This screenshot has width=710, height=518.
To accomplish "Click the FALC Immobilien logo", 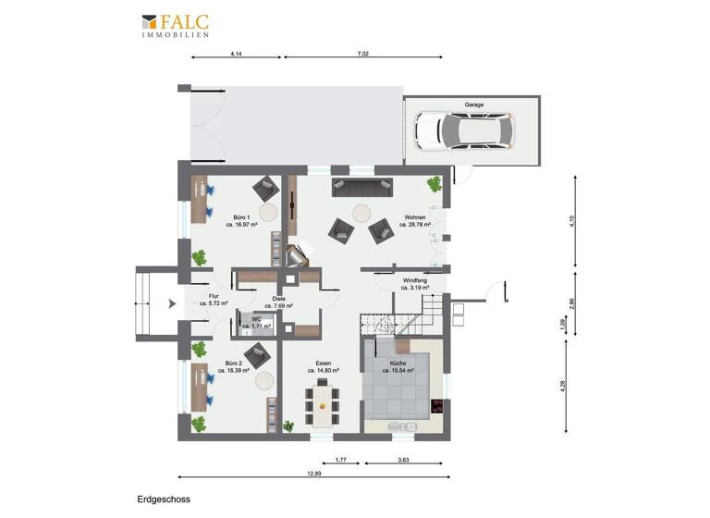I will click(x=175, y=25).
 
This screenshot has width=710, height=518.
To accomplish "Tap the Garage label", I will click(x=473, y=105).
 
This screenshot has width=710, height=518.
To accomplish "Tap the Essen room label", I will click(x=323, y=364).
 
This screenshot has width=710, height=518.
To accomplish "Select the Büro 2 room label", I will click(x=233, y=364).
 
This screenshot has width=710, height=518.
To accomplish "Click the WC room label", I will click(x=257, y=320).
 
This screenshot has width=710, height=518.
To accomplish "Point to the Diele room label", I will click(x=278, y=299).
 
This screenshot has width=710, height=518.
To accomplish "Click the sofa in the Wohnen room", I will click(x=362, y=187).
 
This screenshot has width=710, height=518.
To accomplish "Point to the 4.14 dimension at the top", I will click(x=236, y=54).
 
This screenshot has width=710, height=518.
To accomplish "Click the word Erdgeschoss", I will click(x=163, y=499).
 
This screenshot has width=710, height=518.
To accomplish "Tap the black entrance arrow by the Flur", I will click(x=171, y=302).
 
